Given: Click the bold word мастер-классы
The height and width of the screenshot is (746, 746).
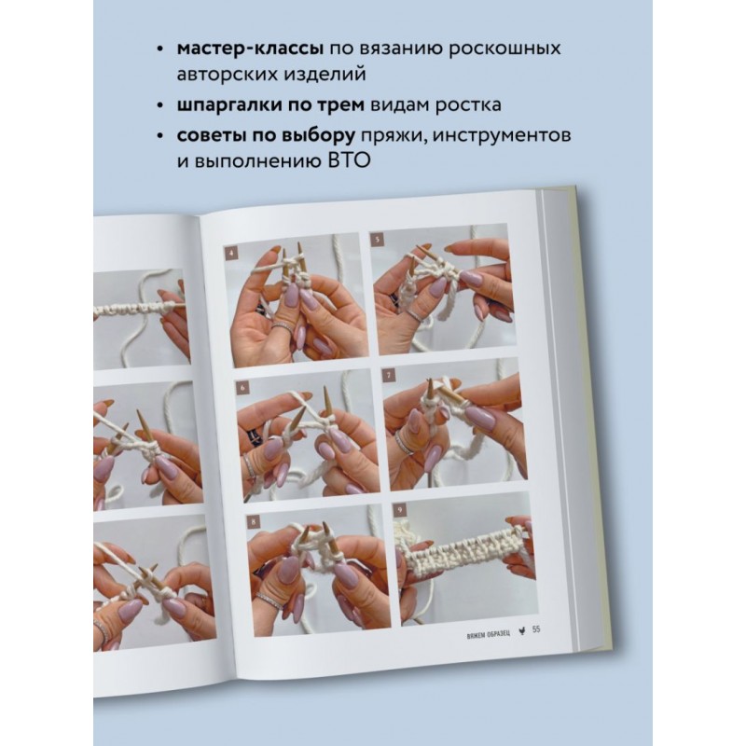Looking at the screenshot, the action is (251, 48).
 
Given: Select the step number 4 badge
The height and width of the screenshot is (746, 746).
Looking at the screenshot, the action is (231, 254).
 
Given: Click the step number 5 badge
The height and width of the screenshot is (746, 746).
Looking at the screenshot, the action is (377, 240).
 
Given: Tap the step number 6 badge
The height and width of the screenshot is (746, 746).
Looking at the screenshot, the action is (242, 388).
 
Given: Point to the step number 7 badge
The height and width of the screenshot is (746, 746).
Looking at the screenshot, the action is (389, 376).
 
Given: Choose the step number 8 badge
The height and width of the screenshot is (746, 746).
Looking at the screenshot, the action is (254, 522).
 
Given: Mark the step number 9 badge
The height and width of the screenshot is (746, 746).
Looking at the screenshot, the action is (400, 511).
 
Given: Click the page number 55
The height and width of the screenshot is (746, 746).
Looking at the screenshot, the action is (536, 629).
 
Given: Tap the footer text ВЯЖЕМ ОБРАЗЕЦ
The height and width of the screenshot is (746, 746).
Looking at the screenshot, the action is (489, 634).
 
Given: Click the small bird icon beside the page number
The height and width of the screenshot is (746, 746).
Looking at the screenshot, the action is (522, 631).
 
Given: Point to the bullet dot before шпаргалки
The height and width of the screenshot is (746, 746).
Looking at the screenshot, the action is (159, 105).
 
